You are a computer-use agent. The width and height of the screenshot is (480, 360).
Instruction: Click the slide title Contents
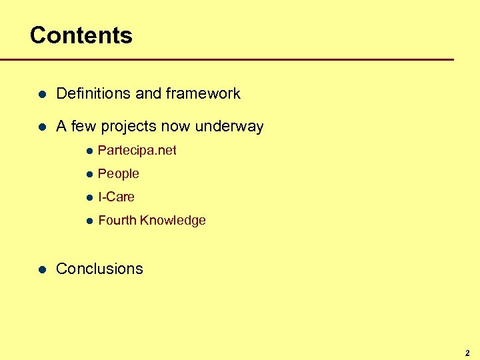pyautogui.click(x=81, y=35)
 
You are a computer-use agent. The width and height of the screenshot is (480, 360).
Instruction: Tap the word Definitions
pyautogui.click(x=93, y=94)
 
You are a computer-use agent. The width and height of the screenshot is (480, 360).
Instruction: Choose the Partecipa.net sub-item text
pyautogui.click(x=137, y=151)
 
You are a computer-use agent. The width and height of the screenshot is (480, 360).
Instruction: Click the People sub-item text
pyautogui.click(x=118, y=174)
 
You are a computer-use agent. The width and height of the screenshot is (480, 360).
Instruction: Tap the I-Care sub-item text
pyautogui.click(x=116, y=197)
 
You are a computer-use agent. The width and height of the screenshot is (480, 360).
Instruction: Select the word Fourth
pyautogui.click(x=116, y=221)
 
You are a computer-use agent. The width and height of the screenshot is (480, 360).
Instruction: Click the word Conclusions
pyautogui.click(x=99, y=269)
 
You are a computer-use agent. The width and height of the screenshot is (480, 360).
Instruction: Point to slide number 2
pyautogui.click(x=467, y=353)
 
